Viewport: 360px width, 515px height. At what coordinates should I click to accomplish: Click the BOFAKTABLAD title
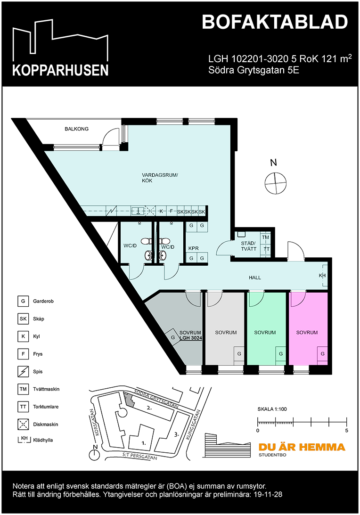[275, 22]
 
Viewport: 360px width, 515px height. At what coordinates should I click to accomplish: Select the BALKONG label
[76, 129]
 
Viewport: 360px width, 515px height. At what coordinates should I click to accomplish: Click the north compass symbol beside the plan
[275, 182]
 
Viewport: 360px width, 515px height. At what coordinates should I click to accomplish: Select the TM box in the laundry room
[266, 238]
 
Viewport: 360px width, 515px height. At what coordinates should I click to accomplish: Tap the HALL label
[255, 278]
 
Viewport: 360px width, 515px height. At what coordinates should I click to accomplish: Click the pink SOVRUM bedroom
[307, 333]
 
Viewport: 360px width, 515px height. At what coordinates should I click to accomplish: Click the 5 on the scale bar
[347, 431]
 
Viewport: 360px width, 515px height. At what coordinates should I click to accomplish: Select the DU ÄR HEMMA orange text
[302, 447]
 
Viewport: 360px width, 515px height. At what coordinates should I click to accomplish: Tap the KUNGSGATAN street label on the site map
[194, 425]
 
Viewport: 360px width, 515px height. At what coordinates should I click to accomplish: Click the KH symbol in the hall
[322, 276]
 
